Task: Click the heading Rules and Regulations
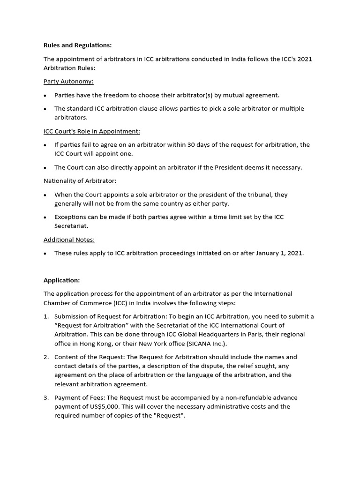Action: pos(78,45)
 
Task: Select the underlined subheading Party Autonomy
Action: pos(68,82)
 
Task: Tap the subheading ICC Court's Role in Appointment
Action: pos(92,131)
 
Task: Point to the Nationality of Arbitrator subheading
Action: pos(80,181)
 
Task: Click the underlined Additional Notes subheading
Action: pos(69,240)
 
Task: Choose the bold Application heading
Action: pos(62,280)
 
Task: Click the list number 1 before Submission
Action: pos(46,316)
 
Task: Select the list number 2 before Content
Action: pos(46,357)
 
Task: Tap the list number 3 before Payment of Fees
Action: pos(46,397)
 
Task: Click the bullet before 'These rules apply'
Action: pos(45,254)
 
